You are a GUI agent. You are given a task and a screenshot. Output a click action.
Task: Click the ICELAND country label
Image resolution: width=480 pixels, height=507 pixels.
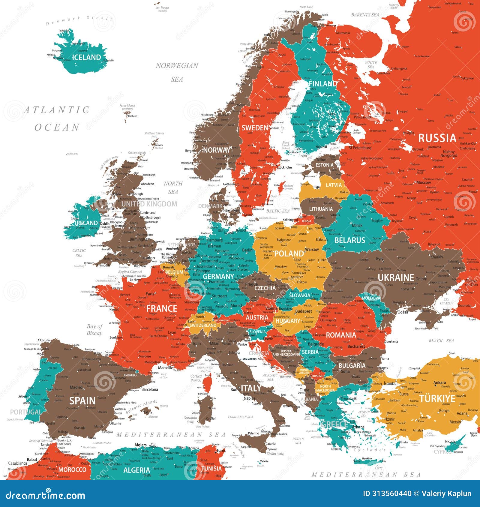(86, 57)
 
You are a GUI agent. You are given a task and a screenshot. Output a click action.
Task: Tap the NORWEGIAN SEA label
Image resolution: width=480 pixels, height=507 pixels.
(177, 72)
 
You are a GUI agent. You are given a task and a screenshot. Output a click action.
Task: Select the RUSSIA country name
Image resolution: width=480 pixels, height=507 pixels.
(437, 138)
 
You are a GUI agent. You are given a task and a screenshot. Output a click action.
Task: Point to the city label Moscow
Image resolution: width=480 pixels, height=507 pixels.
(424, 182)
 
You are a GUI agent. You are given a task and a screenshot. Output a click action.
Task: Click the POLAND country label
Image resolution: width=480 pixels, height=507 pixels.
(289, 253)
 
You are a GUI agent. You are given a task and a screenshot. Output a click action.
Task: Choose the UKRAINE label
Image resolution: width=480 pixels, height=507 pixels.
(396, 277)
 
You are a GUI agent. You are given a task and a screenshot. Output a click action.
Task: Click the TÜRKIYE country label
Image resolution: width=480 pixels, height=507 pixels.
(437, 399)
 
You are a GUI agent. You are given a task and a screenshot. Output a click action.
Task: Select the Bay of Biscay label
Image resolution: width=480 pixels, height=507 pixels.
(94, 330)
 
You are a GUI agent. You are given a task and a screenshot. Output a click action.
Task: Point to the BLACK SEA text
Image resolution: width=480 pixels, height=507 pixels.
(441, 341)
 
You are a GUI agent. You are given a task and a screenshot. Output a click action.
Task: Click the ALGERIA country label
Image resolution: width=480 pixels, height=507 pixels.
(136, 470)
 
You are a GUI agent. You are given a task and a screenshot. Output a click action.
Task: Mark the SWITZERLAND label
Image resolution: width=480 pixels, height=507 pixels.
(203, 325)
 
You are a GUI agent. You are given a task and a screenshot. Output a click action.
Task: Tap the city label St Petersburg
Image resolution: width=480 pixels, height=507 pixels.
(360, 148)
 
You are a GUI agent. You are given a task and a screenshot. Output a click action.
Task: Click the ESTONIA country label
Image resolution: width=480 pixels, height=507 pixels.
(324, 165)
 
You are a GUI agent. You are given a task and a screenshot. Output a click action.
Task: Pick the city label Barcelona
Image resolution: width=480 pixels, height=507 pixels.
(150, 389)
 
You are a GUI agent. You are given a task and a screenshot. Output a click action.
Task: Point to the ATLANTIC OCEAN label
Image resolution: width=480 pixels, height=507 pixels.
(57, 118)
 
